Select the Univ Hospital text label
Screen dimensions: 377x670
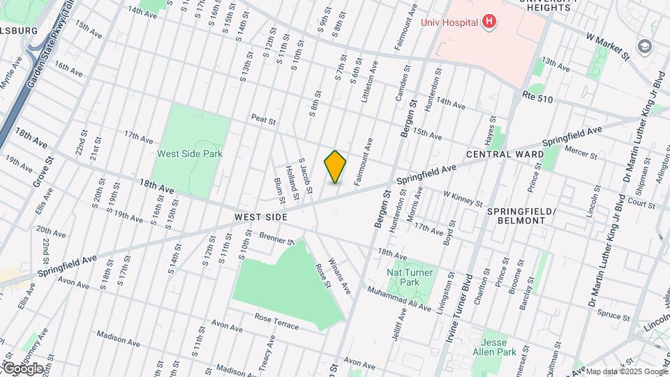tap(449, 22)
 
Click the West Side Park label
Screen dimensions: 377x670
tap(189, 154)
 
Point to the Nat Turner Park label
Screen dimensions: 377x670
tap(410, 277)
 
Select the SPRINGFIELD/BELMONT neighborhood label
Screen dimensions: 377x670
tap(516, 215)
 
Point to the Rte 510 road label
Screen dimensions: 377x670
tap(537, 100)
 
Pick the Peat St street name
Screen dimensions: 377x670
tap(264, 120)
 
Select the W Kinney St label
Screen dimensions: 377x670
tap(463, 199)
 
